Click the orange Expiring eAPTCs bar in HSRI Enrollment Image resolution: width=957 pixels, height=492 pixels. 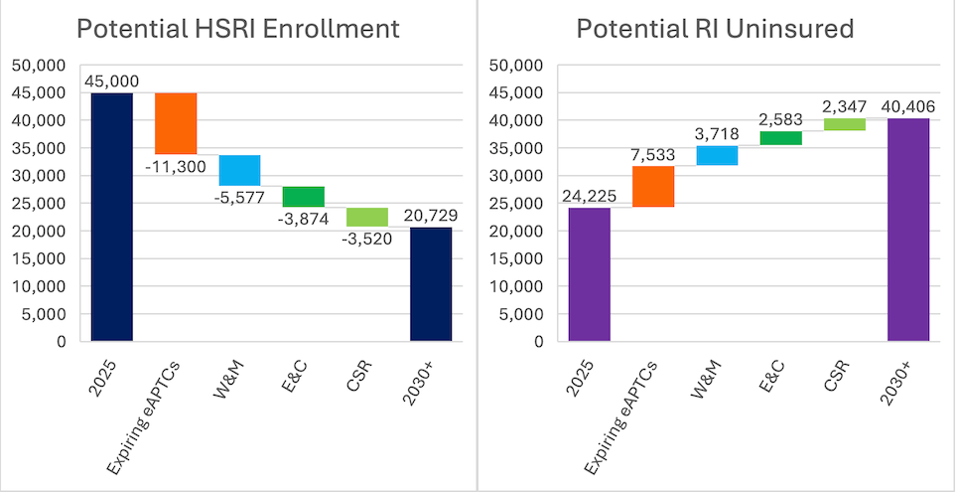[176, 123]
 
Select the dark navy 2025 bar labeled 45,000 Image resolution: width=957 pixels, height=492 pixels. [112, 217]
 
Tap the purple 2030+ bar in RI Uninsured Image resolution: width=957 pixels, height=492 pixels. [908, 230]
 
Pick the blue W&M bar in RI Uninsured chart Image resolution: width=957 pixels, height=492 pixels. [717, 155]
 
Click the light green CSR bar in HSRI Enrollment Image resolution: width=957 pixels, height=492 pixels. [367, 217]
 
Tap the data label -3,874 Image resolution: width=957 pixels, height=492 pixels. [304, 219]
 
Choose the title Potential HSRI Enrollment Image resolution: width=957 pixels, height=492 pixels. [238, 29]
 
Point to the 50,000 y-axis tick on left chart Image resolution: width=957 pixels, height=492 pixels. [38, 66]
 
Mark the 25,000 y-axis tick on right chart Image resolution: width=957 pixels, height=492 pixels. [516, 204]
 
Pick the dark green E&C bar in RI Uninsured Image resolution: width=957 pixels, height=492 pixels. [781, 138]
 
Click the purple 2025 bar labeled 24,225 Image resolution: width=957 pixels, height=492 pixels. [590, 274]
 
